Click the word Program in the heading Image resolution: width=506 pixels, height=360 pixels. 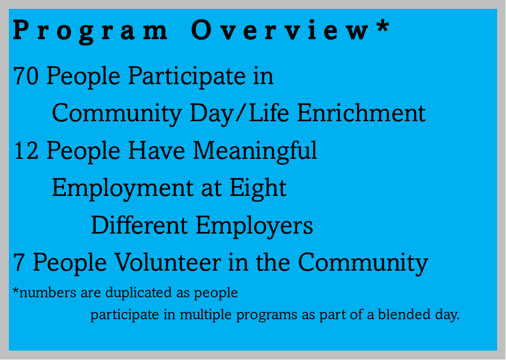point(90,31)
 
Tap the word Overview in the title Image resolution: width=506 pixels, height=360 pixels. point(280,30)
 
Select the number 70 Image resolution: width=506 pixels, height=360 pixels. point(26,76)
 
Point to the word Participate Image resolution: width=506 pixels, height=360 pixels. point(187,77)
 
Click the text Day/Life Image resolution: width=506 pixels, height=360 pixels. point(239,113)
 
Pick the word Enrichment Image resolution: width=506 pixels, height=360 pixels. point(361,113)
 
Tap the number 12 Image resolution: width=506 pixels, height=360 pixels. point(26,150)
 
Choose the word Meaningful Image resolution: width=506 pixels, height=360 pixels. point(255,152)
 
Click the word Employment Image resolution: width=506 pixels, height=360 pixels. point(122,189)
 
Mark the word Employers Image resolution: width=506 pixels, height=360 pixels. point(254,226)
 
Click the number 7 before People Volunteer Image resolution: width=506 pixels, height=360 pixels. point(19,263)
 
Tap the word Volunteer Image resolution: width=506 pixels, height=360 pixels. point(168,262)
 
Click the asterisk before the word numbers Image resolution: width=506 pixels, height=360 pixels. point(16,289)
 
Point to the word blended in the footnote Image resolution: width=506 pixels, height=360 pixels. point(405,314)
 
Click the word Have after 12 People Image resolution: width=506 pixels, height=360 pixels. point(156,150)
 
